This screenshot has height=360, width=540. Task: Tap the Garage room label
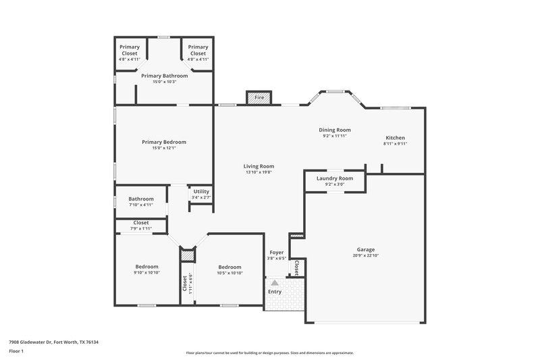pos(366,249)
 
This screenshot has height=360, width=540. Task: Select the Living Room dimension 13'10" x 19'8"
pos(259,172)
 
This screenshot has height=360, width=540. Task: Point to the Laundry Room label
pos(335,178)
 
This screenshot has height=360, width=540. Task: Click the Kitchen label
pos(395,138)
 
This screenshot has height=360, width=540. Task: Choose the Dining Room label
pos(335,130)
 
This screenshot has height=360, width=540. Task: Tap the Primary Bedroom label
pos(164,142)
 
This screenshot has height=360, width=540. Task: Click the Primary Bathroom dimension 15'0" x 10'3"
pos(164,82)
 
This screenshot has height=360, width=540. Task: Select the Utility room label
pos(200,192)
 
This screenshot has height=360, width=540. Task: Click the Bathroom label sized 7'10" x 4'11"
pos(141,199)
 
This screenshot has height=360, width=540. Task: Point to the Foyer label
pos(277,253)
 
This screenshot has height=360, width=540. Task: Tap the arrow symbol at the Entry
pos(275,284)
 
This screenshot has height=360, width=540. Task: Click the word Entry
pos(275,292)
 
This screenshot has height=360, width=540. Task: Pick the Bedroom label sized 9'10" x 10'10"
pos(146,267)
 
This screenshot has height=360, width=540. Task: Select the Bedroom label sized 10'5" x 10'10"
pos(229,267)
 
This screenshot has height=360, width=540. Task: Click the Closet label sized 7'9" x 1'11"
pos(141,222)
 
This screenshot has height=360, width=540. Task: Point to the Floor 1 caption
pos(16,352)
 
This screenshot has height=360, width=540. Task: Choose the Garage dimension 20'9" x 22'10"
pos(366,255)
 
